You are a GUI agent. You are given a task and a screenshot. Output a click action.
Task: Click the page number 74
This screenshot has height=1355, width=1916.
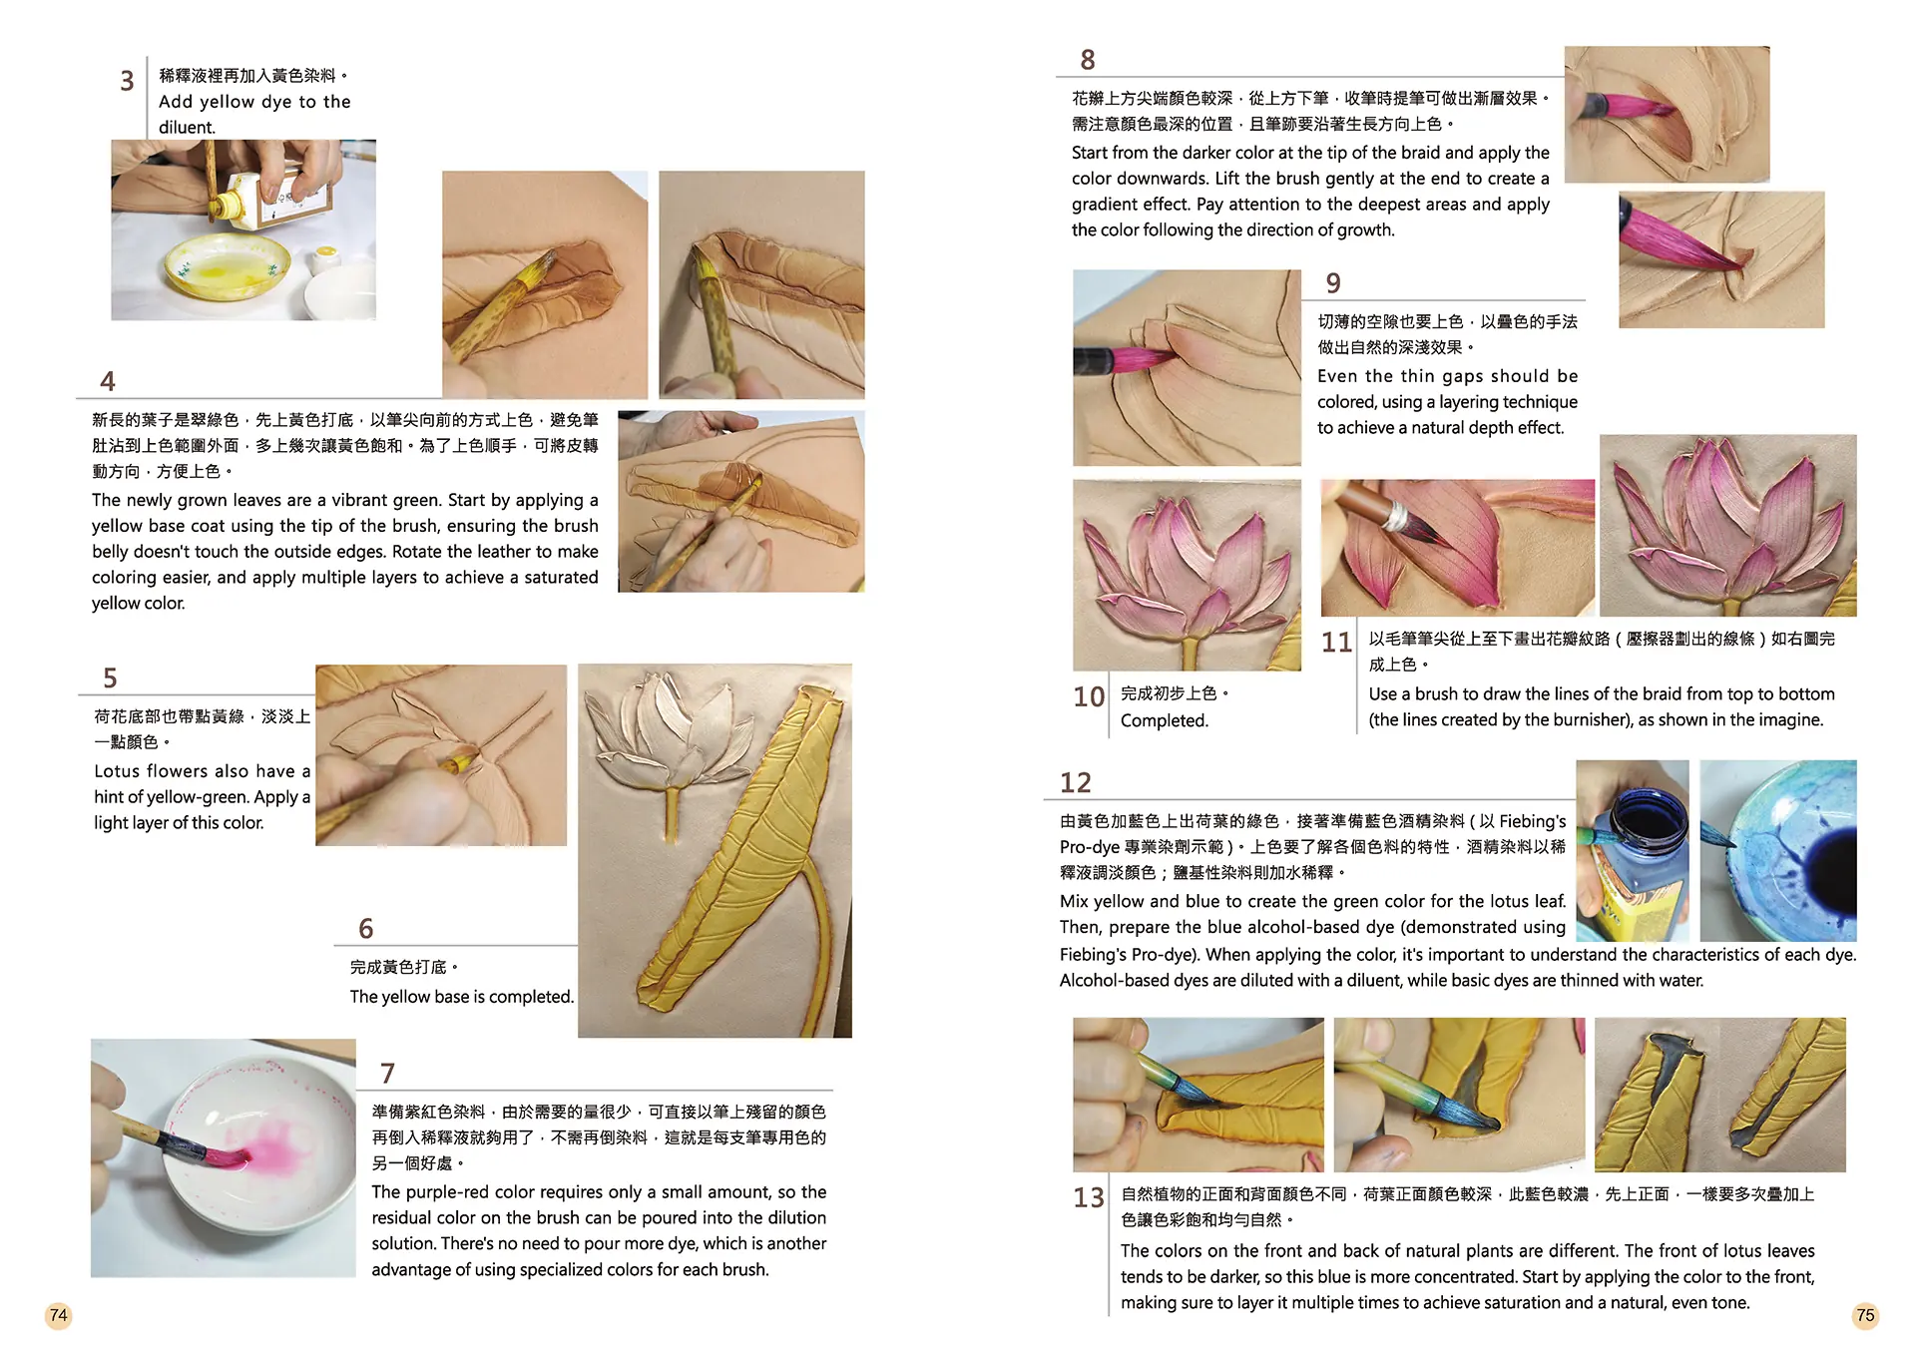pos(59,1315)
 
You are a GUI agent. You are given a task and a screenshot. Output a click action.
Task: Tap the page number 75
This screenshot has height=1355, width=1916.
pos(1865,1315)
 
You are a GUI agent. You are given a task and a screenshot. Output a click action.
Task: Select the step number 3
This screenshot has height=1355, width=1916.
pos(127,81)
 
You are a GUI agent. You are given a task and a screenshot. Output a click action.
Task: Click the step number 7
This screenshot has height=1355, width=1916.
pos(388,1074)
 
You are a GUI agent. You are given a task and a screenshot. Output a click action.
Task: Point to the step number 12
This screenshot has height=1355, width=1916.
pos(1076,782)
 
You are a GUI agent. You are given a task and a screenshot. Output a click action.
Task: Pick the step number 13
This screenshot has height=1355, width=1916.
pos(1089,1197)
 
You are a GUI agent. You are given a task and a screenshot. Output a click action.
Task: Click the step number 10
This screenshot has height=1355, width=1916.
pos(1089,696)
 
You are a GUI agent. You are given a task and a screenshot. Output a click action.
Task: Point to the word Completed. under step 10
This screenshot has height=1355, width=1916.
pos(1165,720)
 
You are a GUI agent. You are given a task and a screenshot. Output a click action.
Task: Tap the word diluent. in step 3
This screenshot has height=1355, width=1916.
pos(187,128)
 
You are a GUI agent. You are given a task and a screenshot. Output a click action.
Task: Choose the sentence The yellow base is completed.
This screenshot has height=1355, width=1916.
pos(462,997)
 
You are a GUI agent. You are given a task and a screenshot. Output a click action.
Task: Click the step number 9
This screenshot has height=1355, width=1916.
pos(1333,283)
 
